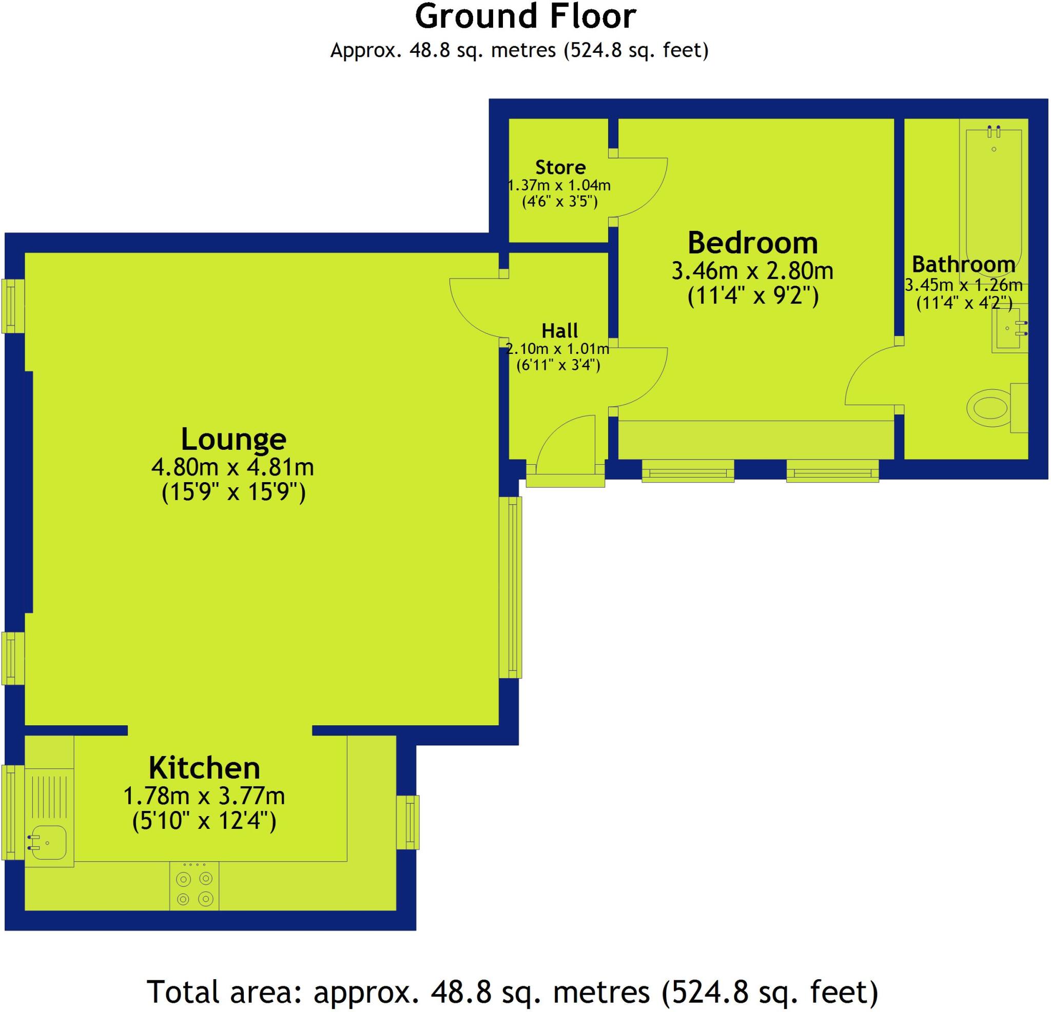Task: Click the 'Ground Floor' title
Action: pyautogui.click(x=525, y=17)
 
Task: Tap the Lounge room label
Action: pyautogui.click(x=233, y=440)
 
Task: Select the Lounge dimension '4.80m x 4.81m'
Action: pyautogui.click(x=232, y=467)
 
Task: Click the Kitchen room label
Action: pyautogui.click(x=204, y=768)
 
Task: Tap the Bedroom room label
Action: pyautogui.click(x=752, y=243)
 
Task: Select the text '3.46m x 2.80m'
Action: pyautogui.click(x=752, y=271)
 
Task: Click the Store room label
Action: pyautogui.click(x=560, y=167)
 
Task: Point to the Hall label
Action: pyautogui.click(x=559, y=331)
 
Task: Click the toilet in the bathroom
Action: pyautogui.click(x=989, y=408)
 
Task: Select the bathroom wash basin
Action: pyautogui.click(x=1008, y=329)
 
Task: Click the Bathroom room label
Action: pyautogui.click(x=963, y=264)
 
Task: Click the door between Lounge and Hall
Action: pyautogui.click(x=475, y=308)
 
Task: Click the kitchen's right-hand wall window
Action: pyautogui.click(x=408, y=823)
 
